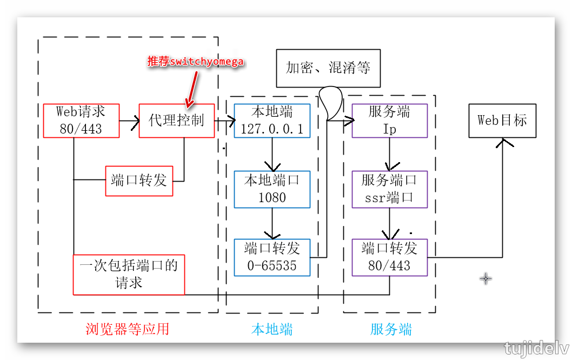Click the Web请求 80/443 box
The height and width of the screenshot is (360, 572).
click(81, 120)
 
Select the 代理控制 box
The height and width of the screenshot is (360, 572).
click(177, 120)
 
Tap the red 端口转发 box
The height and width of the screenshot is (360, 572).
click(139, 181)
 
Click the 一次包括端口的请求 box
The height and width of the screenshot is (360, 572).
click(129, 274)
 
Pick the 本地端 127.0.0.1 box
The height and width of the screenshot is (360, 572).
click(272, 120)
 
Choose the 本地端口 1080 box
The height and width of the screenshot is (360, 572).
click(272, 189)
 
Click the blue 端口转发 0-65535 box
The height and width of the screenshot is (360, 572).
click(272, 257)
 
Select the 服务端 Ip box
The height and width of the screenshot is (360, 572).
click(389, 120)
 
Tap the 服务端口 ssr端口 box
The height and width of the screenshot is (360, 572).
click(389, 189)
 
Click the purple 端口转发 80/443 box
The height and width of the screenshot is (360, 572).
click(389, 257)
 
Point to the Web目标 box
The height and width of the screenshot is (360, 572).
click(502, 120)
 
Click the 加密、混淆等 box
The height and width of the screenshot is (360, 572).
click(328, 68)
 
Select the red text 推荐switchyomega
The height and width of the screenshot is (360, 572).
click(196, 62)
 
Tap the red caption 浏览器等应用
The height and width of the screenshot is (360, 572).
click(128, 329)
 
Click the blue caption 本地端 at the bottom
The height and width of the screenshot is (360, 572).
click(272, 329)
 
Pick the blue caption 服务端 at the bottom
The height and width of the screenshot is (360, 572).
click(391, 329)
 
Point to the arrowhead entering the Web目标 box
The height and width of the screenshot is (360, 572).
click(503, 142)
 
